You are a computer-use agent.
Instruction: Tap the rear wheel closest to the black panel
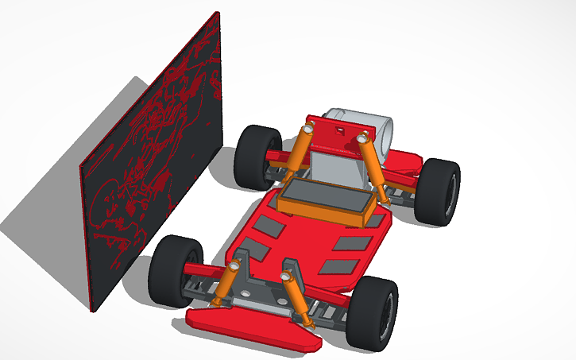point(256,157)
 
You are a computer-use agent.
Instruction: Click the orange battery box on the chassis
point(325,199)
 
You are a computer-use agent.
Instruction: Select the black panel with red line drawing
point(155,167)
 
